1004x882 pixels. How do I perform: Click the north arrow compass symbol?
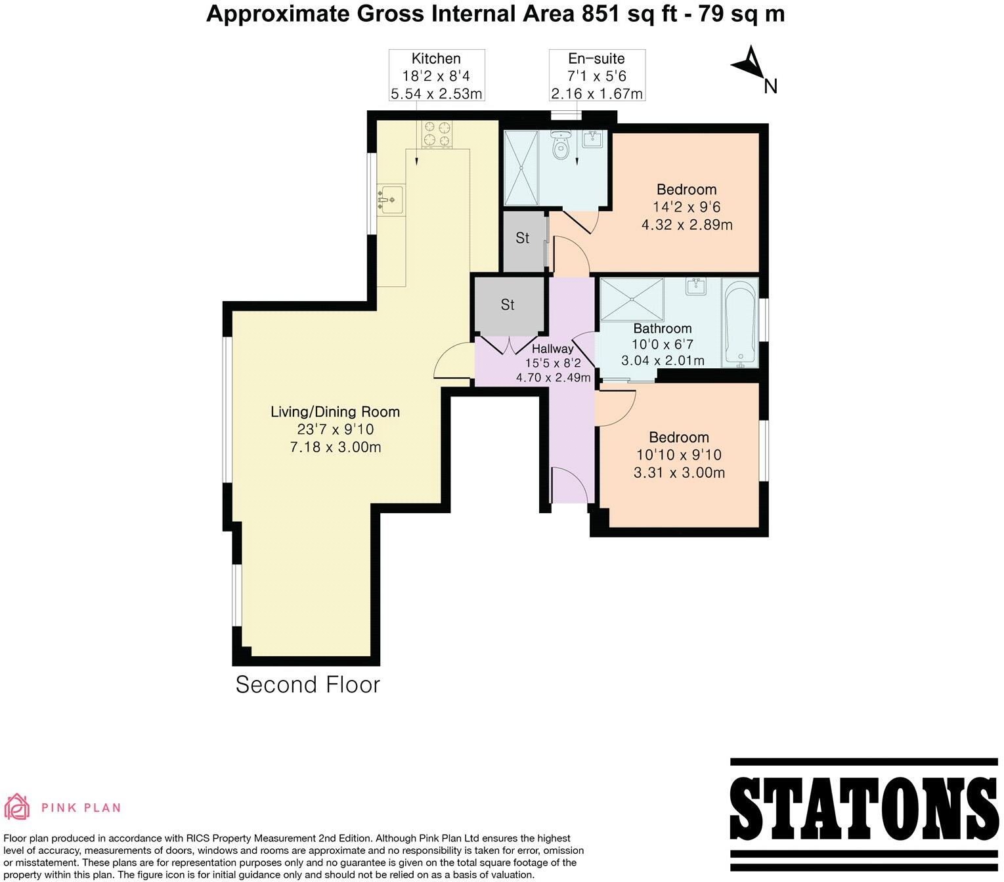click(x=749, y=64)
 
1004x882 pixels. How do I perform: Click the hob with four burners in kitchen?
click(x=437, y=134)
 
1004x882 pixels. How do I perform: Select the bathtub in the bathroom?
click(x=740, y=322)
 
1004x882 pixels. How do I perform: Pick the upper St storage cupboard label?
click(x=522, y=238)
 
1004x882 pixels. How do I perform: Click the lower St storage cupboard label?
click(x=508, y=304)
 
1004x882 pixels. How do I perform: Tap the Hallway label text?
click(x=552, y=349)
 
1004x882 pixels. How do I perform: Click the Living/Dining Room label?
click(x=335, y=412)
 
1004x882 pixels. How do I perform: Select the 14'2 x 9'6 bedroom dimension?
click(x=686, y=207)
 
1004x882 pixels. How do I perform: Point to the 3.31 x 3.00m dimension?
click(x=679, y=472)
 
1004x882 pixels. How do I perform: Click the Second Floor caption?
click(x=307, y=684)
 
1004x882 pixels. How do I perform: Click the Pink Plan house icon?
click(x=18, y=807)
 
